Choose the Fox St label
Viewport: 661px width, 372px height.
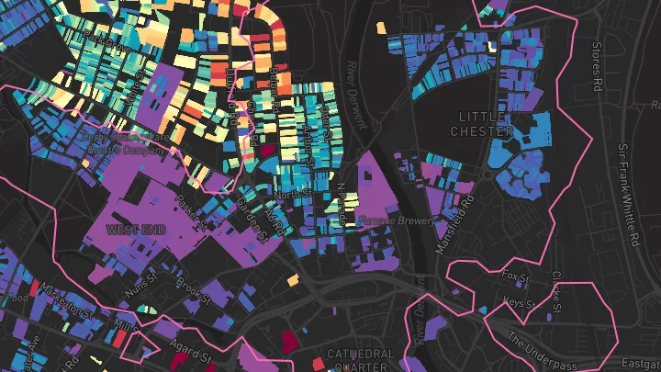coord(516,277)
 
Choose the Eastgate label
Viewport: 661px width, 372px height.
coord(643,366)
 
